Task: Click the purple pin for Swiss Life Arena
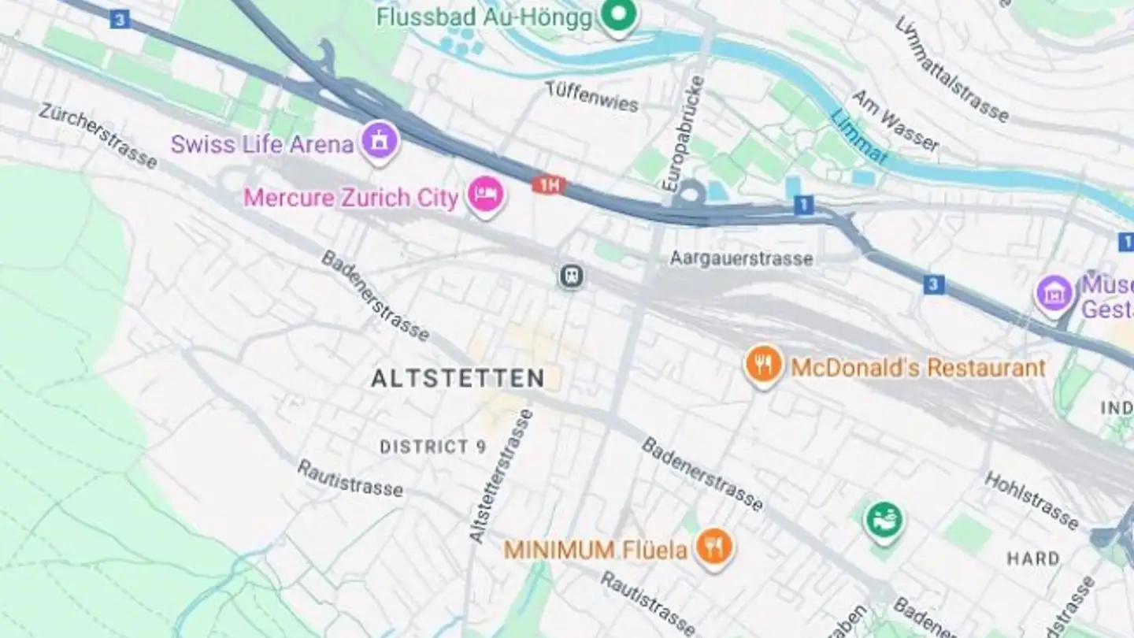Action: tap(380, 143)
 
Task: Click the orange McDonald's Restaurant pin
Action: tap(763, 365)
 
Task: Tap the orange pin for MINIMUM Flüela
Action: tap(714, 548)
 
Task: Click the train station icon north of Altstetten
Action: tap(572, 276)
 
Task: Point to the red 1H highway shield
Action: tap(549, 186)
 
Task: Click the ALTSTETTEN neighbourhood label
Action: tap(458, 379)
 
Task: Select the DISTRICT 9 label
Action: tap(433, 447)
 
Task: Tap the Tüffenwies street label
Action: tap(592, 97)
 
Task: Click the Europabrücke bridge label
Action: tap(683, 133)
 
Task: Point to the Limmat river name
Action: tap(859, 136)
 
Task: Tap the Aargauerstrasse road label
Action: tap(741, 258)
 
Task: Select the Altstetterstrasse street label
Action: tap(501, 476)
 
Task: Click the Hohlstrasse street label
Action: tap(1031, 500)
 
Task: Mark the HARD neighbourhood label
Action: tap(1033, 558)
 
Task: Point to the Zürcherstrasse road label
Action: tap(98, 135)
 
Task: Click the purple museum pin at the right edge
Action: tap(1054, 294)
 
